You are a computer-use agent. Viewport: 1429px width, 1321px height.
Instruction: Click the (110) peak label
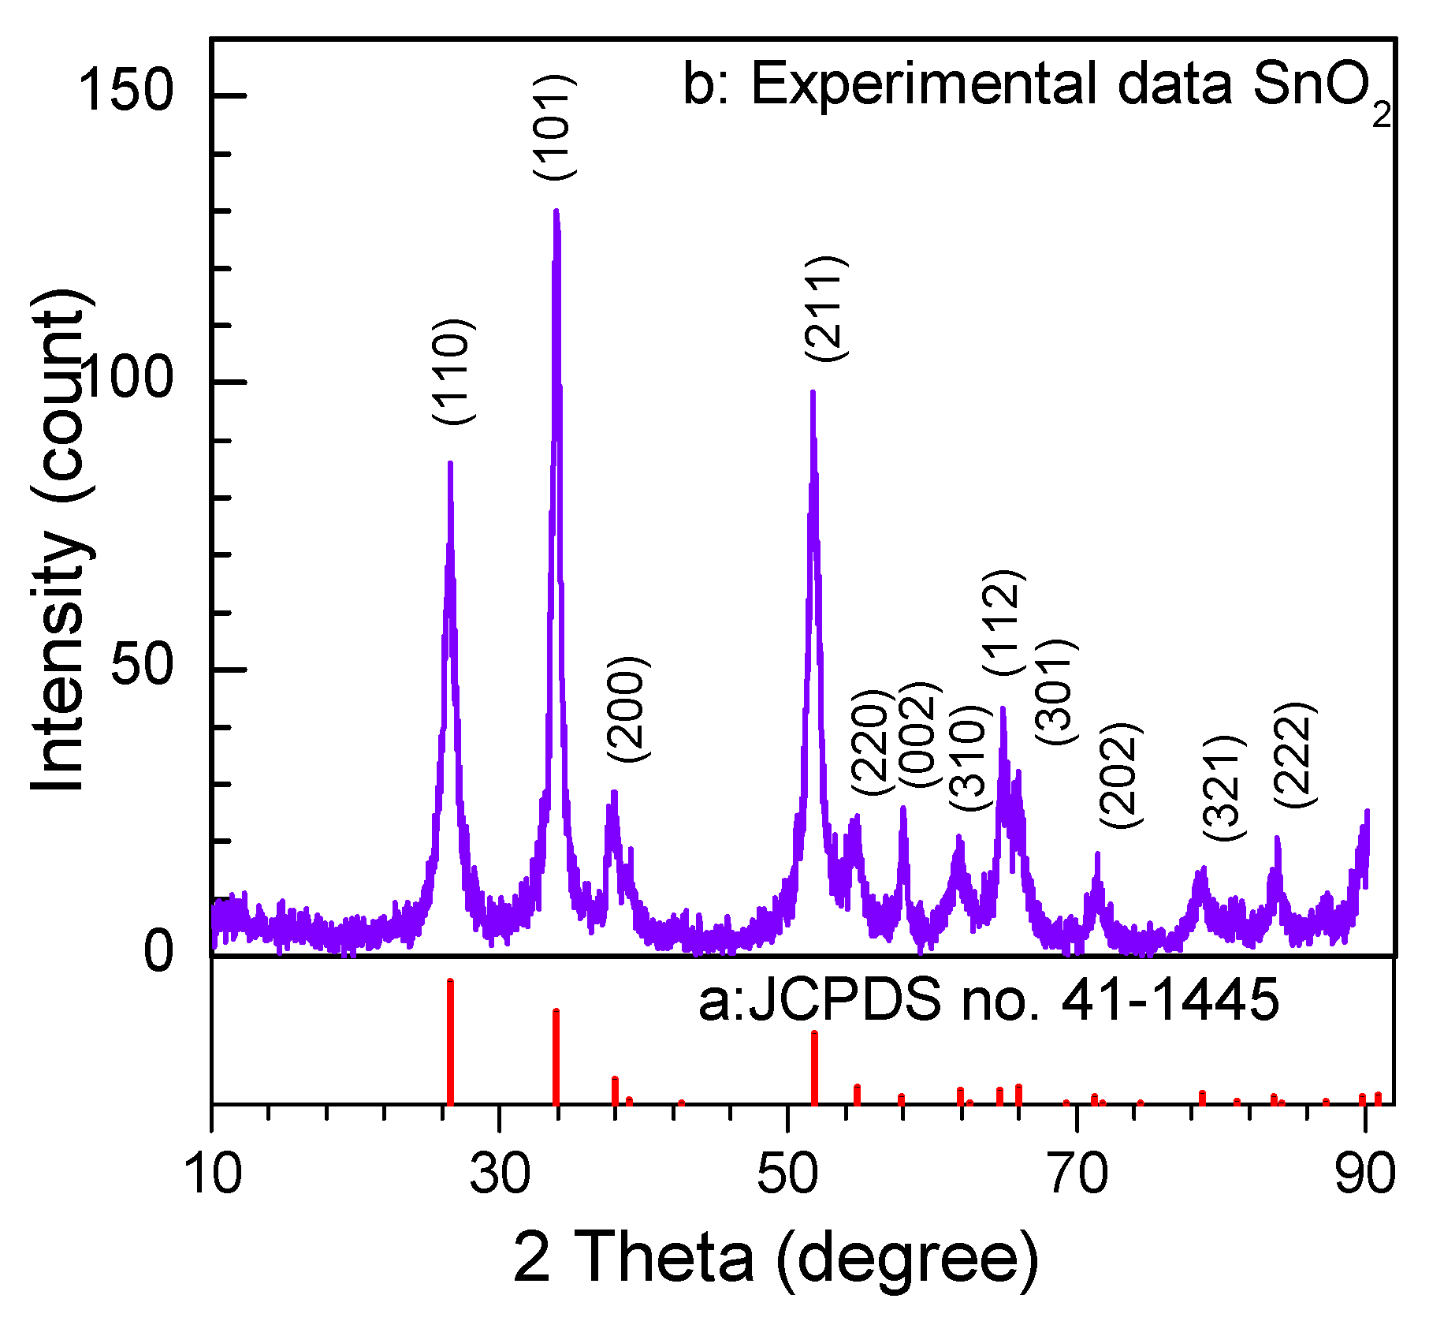tap(454, 371)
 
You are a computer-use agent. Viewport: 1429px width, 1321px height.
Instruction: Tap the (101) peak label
tap(555, 128)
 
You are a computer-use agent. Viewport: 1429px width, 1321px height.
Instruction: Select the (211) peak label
tap(826, 309)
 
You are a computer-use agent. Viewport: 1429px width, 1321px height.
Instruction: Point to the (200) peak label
tap(628, 708)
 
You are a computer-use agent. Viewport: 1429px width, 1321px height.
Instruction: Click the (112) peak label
tap(1004, 622)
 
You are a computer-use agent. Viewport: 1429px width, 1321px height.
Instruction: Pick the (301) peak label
tap(1055, 692)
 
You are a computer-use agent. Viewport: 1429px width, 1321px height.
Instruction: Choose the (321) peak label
tap(1222, 788)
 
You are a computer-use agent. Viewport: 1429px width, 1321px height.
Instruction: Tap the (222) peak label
tap(1294, 754)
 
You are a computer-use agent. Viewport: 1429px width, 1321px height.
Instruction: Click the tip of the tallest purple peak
tap(556, 211)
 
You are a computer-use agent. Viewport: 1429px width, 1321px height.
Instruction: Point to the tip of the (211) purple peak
tap(813, 392)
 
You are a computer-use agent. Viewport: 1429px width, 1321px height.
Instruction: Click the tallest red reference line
tap(450, 1041)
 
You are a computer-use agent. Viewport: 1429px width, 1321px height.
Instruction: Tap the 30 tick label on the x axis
tap(500, 1173)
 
